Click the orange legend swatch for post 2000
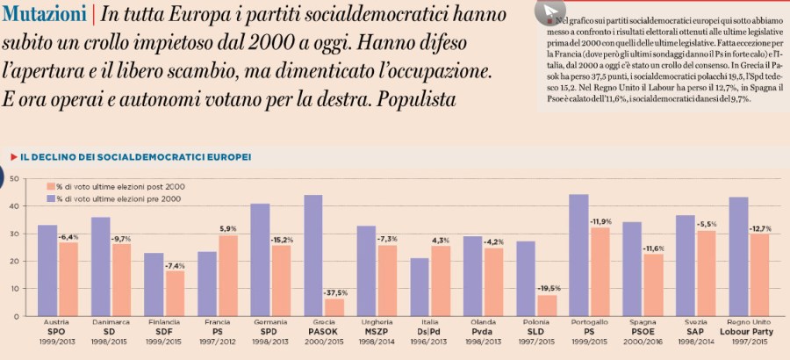[49, 187]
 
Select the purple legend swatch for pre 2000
[49, 199]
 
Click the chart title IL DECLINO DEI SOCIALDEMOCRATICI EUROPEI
[135, 156]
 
